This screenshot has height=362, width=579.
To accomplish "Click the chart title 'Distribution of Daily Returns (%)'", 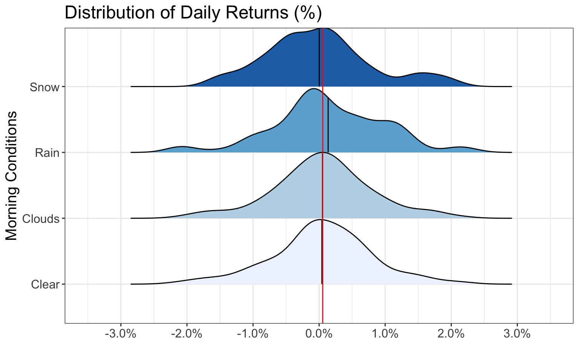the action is tap(193, 13).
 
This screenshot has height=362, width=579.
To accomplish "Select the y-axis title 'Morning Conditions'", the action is tap(11, 176).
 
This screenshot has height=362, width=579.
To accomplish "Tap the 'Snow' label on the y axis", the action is tap(44, 87).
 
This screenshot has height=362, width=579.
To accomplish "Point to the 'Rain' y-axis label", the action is tap(47, 153).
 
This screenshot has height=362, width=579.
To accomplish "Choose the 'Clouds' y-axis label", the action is tap(41, 219).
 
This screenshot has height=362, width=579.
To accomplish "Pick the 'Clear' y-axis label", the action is tap(45, 284).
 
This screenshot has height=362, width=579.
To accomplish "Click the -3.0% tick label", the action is tap(121, 334).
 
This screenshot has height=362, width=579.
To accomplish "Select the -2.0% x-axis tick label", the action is tap(187, 334).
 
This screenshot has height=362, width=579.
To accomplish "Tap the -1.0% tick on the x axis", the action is tap(253, 334).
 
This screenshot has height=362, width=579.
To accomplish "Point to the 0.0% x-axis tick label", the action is tap(319, 334).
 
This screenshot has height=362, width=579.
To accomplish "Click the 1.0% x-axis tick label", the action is tap(385, 334).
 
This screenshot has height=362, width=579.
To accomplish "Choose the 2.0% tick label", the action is tap(451, 334).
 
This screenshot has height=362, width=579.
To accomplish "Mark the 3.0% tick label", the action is tap(517, 334).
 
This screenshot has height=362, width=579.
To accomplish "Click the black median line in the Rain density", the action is tap(328, 125).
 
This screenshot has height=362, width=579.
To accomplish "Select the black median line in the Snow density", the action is tap(319, 58).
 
